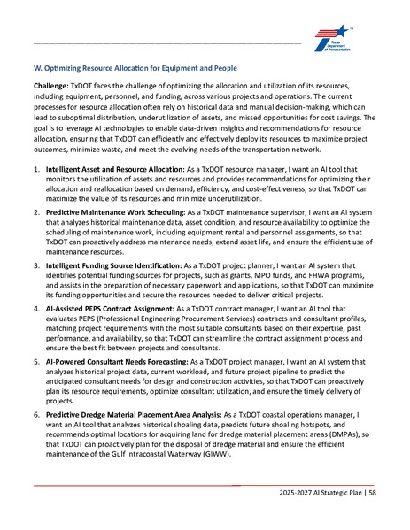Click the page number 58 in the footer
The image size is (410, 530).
click(373, 490)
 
